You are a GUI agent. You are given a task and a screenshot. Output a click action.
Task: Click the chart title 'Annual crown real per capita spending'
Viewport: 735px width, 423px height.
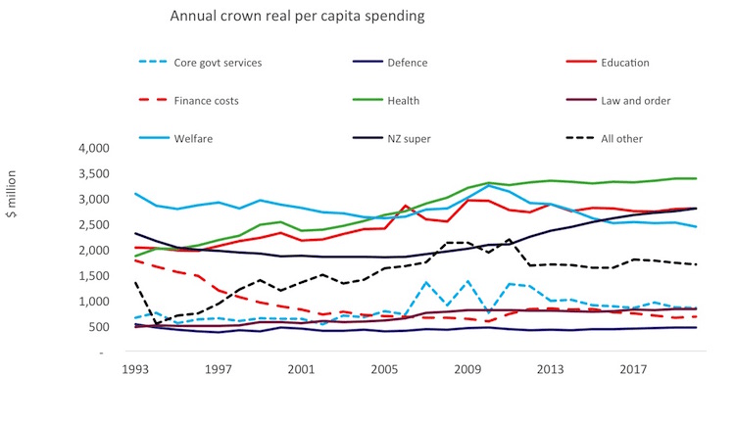coord(283,17)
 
